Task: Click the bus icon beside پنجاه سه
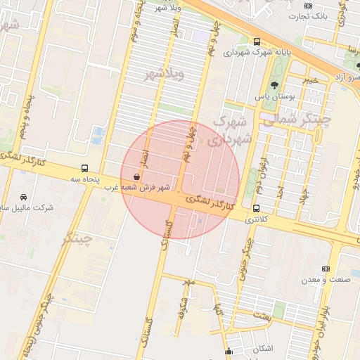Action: tap(84, 169)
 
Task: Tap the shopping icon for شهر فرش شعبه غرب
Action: tap(135, 178)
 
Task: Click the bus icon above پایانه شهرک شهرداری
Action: tap(257, 41)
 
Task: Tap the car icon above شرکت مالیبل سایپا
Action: tap(24, 198)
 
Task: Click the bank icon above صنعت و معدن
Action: tap(325, 269)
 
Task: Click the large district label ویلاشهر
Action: tap(164, 74)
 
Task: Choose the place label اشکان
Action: tap(261, 349)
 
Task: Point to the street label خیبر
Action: tap(310, 79)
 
